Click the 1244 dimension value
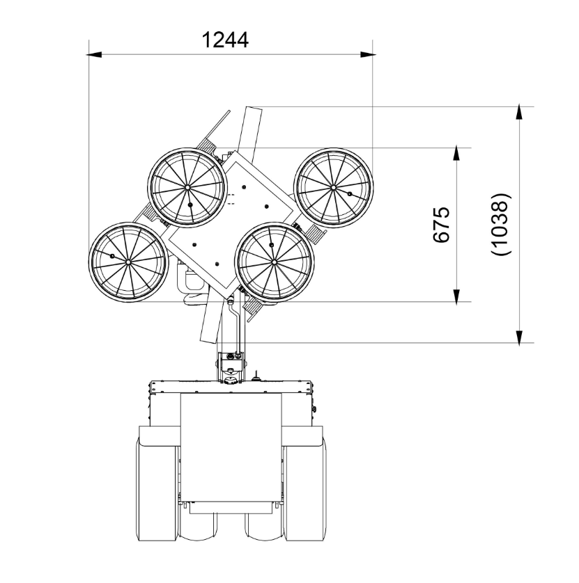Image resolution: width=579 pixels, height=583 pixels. pyautogui.click(x=225, y=40)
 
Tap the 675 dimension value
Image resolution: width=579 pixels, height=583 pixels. pyautogui.click(x=442, y=225)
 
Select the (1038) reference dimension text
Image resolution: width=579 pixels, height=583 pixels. pyautogui.click(x=500, y=224)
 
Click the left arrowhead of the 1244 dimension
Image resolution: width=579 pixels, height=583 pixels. pyautogui.click(x=94, y=55)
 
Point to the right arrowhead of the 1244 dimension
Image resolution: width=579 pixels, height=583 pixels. pyautogui.click(x=368, y=55)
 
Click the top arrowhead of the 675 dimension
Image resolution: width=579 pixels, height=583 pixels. pyautogui.click(x=457, y=154)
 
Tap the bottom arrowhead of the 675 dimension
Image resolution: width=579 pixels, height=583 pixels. pyautogui.click(x=457, y=296)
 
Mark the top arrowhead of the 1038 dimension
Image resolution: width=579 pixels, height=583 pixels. pyautogui.click(x=519, y=113)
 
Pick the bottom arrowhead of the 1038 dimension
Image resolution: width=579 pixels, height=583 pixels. pyautogui.click(x=519, y=337)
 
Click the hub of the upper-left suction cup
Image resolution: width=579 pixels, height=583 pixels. pyautogui.click(x=187, y=187)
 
